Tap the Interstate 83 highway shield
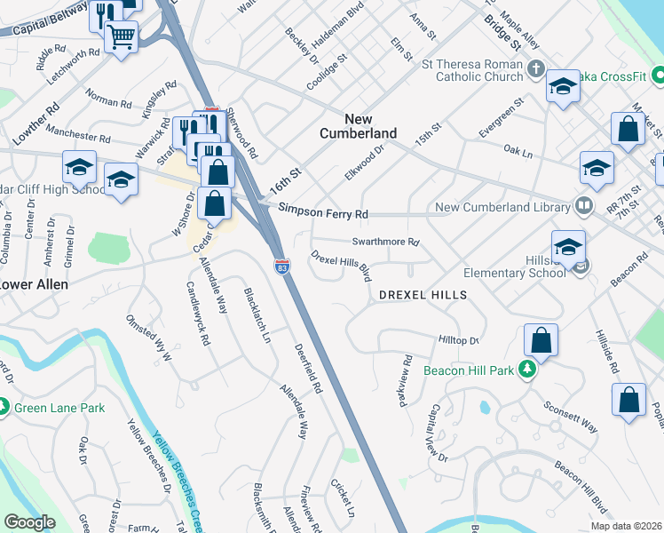tap(281, 266)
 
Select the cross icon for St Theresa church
tap(535, 68)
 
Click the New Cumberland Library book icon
tap(583, 207)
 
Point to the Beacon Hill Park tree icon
tap(527, 370)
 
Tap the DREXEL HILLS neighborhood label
tap(423, 294)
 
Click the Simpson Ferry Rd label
tap(322, 214)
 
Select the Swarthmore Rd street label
tap(384, 242)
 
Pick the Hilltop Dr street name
tap(458, 340)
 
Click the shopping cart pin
tap(121, 36)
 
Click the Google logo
tap(29, 522)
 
